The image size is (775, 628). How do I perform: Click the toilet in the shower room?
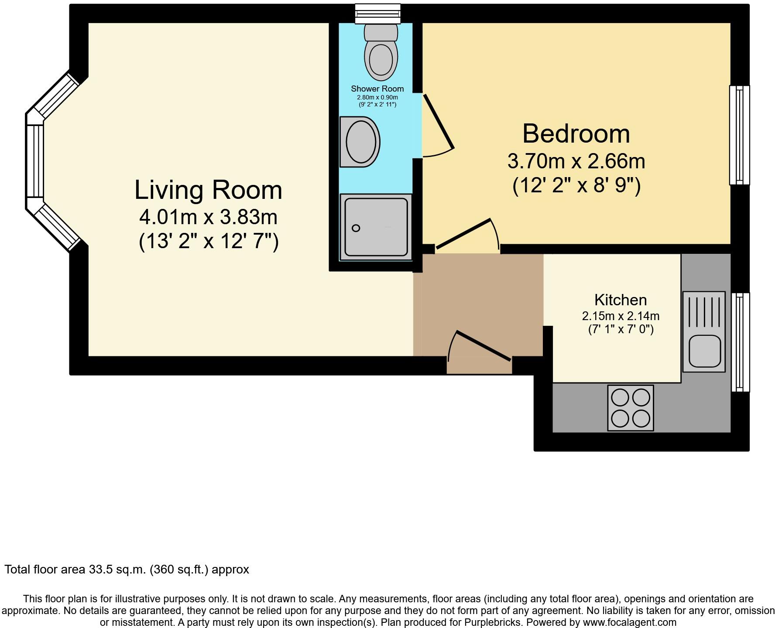tap(381, 52)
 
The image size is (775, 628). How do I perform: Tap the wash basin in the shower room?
tap(360, 142)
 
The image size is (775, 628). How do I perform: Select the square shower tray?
tap(376, 227)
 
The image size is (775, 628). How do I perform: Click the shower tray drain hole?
tap(356, 228)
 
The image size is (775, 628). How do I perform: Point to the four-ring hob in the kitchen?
tap(631, 408)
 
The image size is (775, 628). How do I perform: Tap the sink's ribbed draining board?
tap(704, 311)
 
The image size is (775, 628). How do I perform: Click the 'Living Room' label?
tap(208, 190)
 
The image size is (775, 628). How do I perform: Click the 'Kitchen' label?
tap(621, 300)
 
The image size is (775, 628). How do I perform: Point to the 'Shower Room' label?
tap(377, 89)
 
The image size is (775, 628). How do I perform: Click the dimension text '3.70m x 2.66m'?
tap(576, 161)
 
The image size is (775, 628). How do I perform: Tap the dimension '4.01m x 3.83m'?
tap(208, 216)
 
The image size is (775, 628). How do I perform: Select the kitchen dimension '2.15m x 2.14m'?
tap(621, 316)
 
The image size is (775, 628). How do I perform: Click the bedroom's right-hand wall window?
tap(740, 135)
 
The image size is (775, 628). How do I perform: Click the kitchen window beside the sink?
tap(740, 342)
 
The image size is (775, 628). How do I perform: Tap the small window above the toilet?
tap(378, 14)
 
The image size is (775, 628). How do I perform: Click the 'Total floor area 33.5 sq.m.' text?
tap(127, 570)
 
